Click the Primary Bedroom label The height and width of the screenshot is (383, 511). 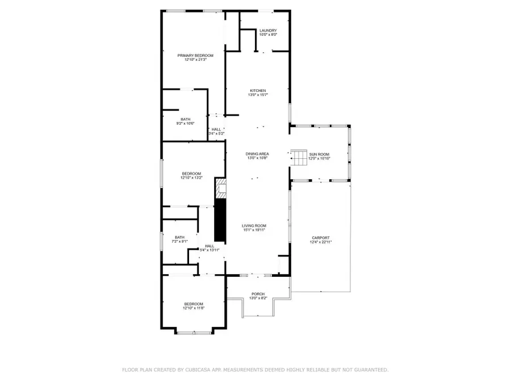click(x=195, y=56)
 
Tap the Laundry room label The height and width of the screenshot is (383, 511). click(x=268, y=31)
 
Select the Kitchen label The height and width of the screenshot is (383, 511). click(x=258, y=91)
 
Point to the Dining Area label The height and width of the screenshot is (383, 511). click(x=257, y=154)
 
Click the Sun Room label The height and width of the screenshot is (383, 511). click(x=319, y=154)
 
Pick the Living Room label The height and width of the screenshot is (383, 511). click(x=254, y=226)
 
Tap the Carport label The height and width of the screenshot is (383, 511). click(x=321, y=238)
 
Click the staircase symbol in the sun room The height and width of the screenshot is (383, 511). click(x=299, y=157)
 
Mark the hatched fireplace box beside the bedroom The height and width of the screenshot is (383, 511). click(x=220, y=188)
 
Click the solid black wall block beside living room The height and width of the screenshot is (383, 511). click(x=220, y=220)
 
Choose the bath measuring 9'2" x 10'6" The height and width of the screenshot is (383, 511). click(x=186, y=119)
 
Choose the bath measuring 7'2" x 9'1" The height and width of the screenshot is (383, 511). click(x=179, y=238)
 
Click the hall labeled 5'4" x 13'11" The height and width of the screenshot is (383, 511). click(x=210, y=246)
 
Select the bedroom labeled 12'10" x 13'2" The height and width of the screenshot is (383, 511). click(x=191, y=174)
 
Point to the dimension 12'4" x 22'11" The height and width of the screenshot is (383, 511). click(x=321, y=242)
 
